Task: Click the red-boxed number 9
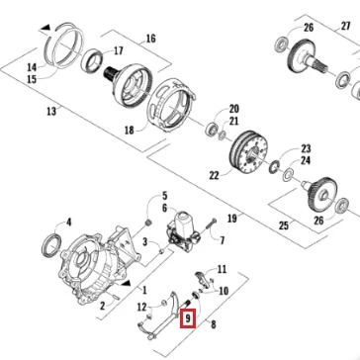[x=188, y=318]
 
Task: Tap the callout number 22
[x=214, y=175]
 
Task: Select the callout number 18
[x=130, y=131]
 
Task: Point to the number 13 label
[x=51, y=111]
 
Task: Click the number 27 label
[x=345, y=26]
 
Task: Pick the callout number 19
[x=232, y=218]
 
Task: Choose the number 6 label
[x=164, y=209]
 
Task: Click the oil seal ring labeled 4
[x=51, y=245]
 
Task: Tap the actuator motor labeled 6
[x=182, y=228]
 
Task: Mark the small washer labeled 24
[x=288, y=174]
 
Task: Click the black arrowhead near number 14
[x=45, y=27]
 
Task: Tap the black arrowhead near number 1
[x=126, y=284]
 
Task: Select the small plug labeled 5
[x=148, y=225]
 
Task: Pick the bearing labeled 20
[x=212, y=130]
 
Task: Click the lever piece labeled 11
[x=204, y=279]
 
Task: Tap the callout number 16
[x=150, y=39]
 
